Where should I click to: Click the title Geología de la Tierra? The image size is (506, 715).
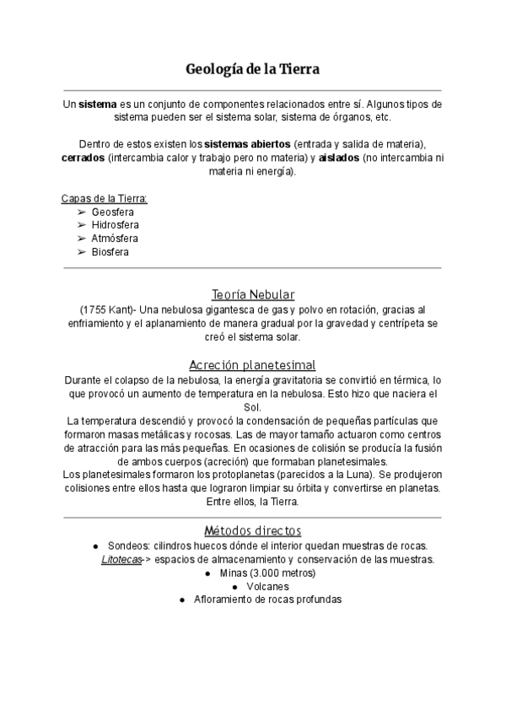pyautogui.click(x=252, y=68)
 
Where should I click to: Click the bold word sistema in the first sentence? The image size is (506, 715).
pyautogui.click(x=97, y=103)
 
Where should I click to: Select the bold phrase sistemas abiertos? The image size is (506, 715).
pyautogui.click(x=249, y=143)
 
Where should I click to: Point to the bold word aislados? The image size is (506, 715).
pyautogui.click(x=339, y=158)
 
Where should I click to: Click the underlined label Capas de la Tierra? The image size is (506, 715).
pyautogui.click(x=105, y=198)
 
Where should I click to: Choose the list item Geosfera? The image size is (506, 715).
pyautogui.click(x=113, y=212)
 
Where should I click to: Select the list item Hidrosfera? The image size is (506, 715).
pyautogui.click(x=116, y=225)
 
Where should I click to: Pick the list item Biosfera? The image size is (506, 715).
pyautogui.click(x=110, y=252)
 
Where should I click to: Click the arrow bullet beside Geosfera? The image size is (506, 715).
pyautogui.click(x=82, y=212)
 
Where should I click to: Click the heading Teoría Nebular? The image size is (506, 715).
pyautogui.click(x=253, y=294)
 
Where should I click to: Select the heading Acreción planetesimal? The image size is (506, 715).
pyautogui.click(x=252, y=365)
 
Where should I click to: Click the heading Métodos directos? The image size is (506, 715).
pyautogui.click(x=252, y=530)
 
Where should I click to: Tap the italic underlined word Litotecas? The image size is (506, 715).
pyautogui.click(x=121, y=559)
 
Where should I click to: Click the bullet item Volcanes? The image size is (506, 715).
pyautogui.click(x=267, y=586)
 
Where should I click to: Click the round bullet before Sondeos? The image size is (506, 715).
pyautogui.click(x=98, y=546)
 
